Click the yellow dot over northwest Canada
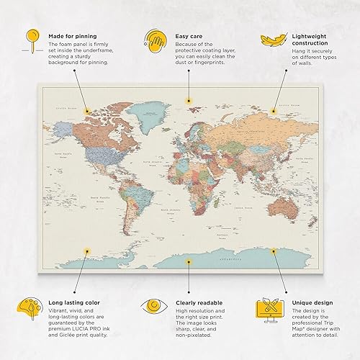[86, 112]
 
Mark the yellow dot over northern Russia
[274, 112]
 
